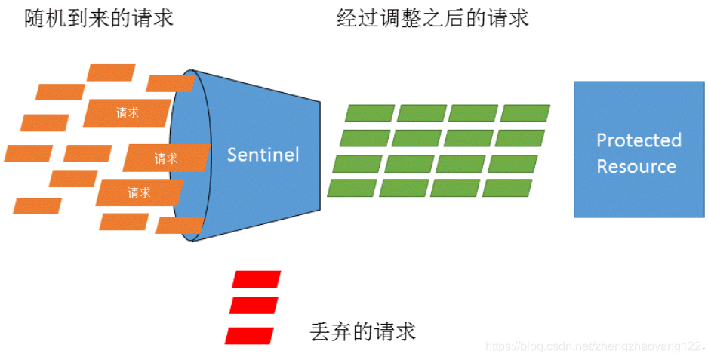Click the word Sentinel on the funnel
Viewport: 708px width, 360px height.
click(263, 155)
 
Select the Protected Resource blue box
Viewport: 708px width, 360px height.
click(639, 149)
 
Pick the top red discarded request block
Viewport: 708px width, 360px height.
click(257, 279)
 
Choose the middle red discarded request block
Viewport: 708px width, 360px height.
click(254, 306)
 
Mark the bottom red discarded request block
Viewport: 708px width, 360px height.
click(250, 334)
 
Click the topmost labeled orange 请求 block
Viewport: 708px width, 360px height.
click(127, 113)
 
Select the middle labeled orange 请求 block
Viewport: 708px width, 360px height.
click(166, 158)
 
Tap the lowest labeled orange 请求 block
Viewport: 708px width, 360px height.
click(139, 192)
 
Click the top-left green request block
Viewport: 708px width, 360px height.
click(370, 113)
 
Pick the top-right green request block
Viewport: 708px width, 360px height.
click(525, 113)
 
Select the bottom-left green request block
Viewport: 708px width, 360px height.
click(352, 188)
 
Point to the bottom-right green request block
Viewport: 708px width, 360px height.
click(507, 188)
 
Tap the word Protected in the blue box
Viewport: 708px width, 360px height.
click(639, 140)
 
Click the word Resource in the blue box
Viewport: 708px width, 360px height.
click(636, 166)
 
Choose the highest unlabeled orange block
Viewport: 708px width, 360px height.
click(111, 72)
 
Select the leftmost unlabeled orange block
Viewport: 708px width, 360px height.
click(28, 153)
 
